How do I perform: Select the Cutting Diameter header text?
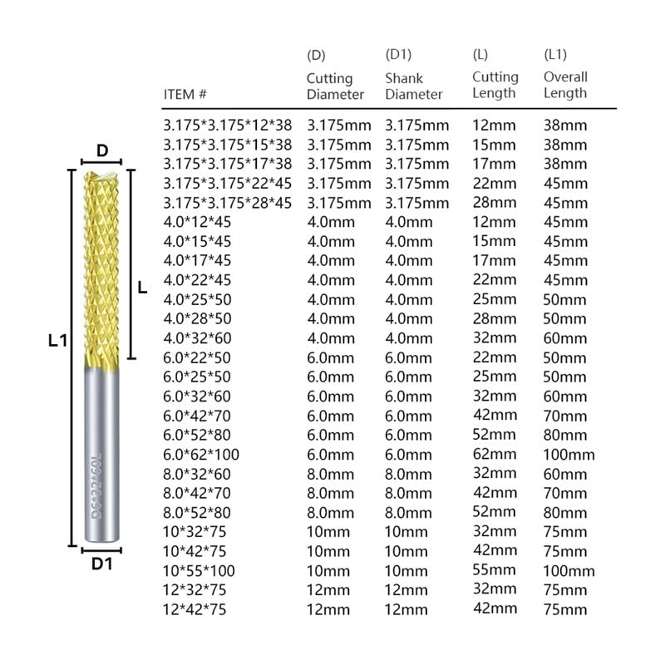coord(335,86)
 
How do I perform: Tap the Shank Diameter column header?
coord(413,86)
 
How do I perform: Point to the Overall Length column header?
coord(565,85)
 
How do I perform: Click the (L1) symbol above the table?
coord(555,55)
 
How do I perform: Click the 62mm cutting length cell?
coord(494,454)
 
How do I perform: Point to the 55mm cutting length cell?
coord(494,570)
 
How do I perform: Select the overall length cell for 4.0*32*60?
coord(565,338)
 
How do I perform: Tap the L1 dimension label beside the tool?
coord(57,339)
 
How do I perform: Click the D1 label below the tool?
coord(101,564)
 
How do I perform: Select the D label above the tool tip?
coord(102,150)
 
